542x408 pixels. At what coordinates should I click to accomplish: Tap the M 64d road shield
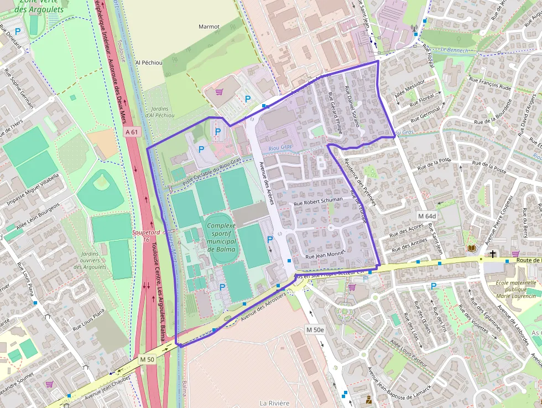tap(427, 216)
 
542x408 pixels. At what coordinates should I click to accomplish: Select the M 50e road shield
tap(315, 330)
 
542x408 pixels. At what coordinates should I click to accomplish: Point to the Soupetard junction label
tap(145, 233)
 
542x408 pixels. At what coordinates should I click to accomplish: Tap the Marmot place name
tap(209, 27)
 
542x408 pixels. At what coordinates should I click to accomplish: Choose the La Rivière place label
tap(274, 402)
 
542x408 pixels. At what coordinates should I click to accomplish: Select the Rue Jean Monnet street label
tap(325, 255)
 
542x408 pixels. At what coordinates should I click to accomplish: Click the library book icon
tap(471, 249)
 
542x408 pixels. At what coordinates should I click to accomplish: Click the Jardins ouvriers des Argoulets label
tap(90, 260)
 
